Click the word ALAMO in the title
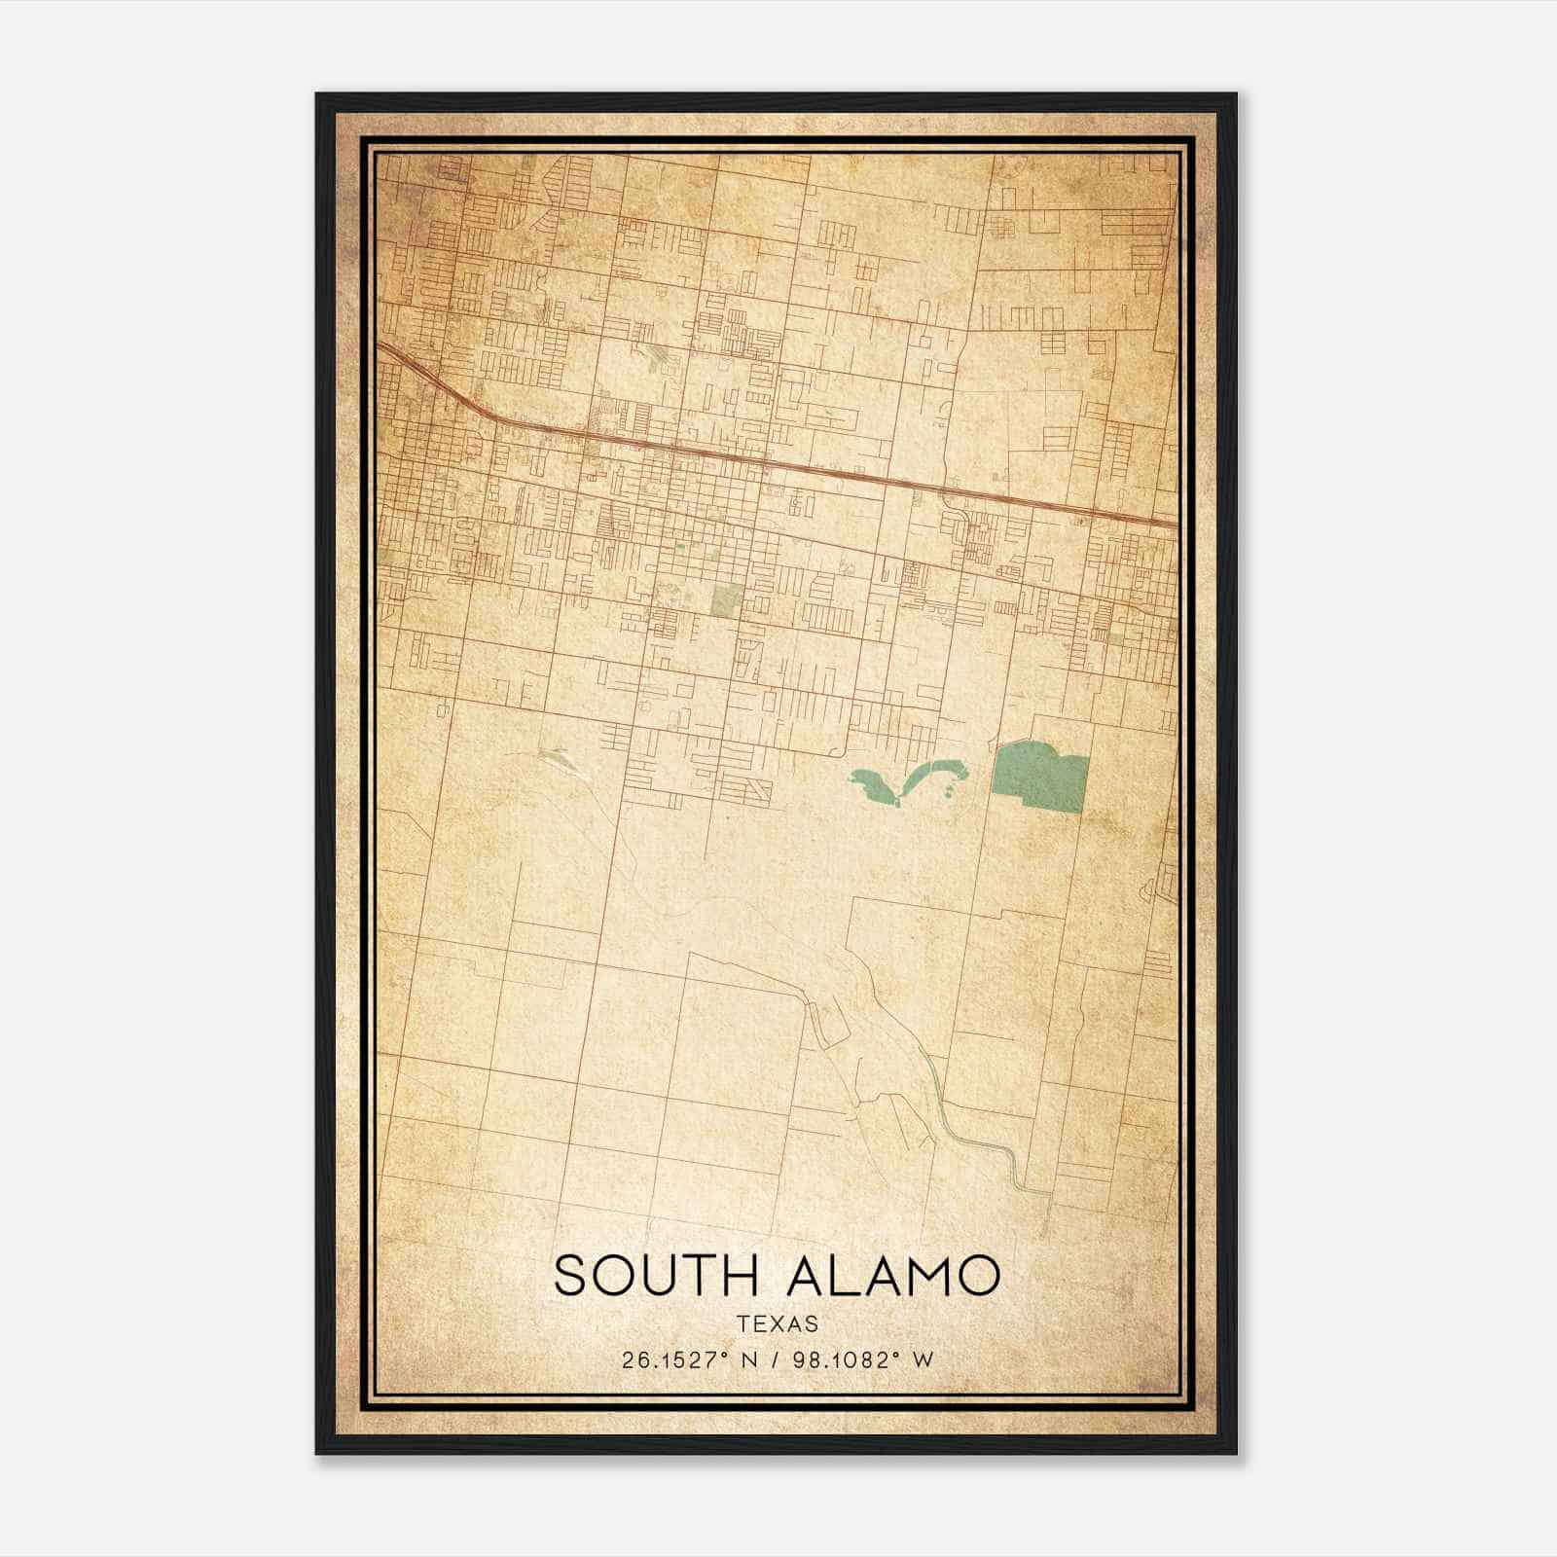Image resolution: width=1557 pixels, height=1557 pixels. [x=893, y=1276]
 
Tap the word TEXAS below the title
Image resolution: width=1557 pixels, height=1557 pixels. [x=778, y=1323]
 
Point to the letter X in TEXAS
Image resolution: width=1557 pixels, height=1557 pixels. [x=778, y=1323]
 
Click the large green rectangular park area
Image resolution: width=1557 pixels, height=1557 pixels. [x=1038, y=777]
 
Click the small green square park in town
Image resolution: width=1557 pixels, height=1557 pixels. [x=726, y=600]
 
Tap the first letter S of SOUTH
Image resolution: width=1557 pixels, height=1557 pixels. [x=572, y=1276]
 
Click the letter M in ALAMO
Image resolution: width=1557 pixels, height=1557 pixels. [x=929, y=1276]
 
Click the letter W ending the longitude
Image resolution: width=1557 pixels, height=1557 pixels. [x=923, y=1360]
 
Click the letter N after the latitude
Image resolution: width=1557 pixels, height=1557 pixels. [x=749, y=1360]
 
